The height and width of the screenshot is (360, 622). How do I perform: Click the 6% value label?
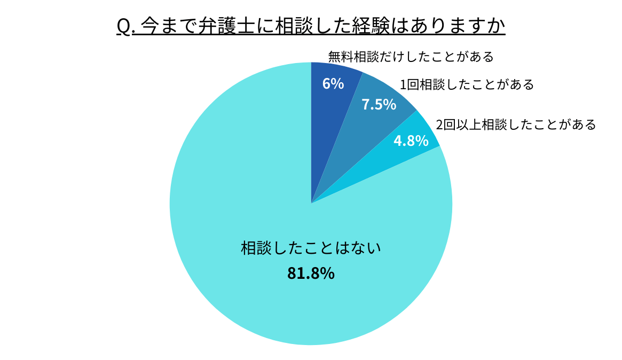click(x=333, y=84)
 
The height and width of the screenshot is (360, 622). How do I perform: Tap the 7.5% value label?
click(x=379, y=105)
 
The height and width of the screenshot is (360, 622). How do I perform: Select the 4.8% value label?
click(x=411, y=141)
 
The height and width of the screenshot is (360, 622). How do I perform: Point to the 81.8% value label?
click(x=311, y=273)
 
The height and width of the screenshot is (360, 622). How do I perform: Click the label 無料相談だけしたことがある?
click(x=411, y=56)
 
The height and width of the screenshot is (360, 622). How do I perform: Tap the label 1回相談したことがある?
click(x=467, y=84)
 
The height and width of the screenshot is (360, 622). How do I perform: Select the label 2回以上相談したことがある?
click(x=516, y=124)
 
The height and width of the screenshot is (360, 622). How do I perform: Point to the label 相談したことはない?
click(x=311, y=248)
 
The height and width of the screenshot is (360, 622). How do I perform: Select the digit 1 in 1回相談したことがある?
click(x=404, y=84)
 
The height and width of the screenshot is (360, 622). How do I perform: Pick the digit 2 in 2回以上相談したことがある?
click(x=440, y=124)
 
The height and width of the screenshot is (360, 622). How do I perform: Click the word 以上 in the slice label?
click(x=469, y=124)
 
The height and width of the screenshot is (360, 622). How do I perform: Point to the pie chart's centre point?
click(x=311, y=204)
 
